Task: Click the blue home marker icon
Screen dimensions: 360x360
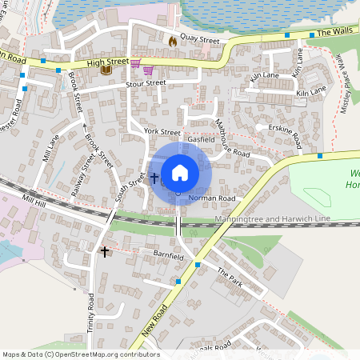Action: [179, 172]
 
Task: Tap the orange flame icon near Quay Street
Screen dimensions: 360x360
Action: [172, 40]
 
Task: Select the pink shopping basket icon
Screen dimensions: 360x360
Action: [135, 64]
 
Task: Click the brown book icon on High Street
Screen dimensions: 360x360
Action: [105, 70]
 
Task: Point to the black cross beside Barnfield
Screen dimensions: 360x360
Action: [105, 251]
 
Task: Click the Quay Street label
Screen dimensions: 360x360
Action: [199, 38]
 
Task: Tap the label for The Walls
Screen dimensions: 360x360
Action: [335, 33]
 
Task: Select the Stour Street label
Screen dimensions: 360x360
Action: [145, 82]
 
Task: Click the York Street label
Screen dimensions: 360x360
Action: [162, 131]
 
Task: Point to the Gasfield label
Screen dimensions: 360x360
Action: [201, 139]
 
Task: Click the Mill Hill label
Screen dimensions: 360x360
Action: [36, 198]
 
